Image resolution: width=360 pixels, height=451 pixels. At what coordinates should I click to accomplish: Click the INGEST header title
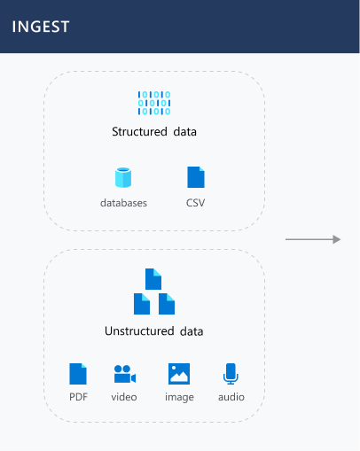41,27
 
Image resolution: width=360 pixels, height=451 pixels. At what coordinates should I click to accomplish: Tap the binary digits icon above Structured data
154,103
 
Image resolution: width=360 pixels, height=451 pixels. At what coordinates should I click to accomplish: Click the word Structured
139,131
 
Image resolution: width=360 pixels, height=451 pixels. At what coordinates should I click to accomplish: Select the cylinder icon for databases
123,177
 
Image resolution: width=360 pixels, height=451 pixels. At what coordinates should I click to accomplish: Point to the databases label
123,203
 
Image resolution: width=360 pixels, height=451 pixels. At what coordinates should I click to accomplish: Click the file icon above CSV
196,177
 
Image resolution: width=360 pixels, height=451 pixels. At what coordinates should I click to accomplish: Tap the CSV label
195,203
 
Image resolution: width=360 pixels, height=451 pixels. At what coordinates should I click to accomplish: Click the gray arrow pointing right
313,239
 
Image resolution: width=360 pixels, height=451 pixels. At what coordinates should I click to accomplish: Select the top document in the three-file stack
153,279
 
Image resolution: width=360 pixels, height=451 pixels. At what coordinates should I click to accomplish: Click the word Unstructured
139,331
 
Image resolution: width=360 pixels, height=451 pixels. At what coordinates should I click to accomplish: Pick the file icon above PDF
78,374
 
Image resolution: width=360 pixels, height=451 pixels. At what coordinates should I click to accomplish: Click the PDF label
78,397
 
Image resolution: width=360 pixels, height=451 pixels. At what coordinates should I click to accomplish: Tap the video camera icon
125,374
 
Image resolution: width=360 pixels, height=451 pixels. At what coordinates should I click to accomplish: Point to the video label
124,397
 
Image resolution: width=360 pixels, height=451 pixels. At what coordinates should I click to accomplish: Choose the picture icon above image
179,374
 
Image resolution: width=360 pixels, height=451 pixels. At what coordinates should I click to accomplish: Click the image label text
179,397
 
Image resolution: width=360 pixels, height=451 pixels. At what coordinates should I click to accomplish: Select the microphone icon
231,374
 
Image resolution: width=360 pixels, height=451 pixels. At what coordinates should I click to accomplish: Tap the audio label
231,397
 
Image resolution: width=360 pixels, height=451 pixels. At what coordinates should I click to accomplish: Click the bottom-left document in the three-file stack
142,304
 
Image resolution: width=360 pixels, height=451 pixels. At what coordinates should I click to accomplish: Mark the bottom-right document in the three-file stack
167,304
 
